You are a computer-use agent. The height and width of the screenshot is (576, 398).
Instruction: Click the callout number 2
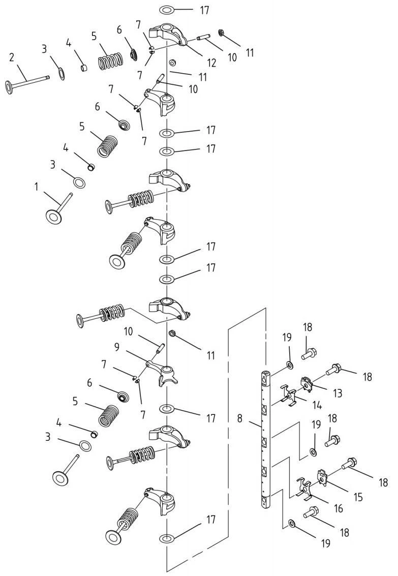tap(12, 57)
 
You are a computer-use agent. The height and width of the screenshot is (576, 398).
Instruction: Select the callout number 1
tap(37, 187)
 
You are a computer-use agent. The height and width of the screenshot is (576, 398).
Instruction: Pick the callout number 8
tap(240, 418)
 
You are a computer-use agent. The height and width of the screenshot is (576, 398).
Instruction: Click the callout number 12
tap(211, 63)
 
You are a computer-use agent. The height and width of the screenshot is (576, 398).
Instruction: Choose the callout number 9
tap(117, 347)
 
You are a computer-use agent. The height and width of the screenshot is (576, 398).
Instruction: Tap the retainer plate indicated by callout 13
tap(307, 383)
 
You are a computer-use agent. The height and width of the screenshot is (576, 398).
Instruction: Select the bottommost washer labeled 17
tap(167, 539)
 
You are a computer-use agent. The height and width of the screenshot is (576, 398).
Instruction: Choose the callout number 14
tap(317, 405)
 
